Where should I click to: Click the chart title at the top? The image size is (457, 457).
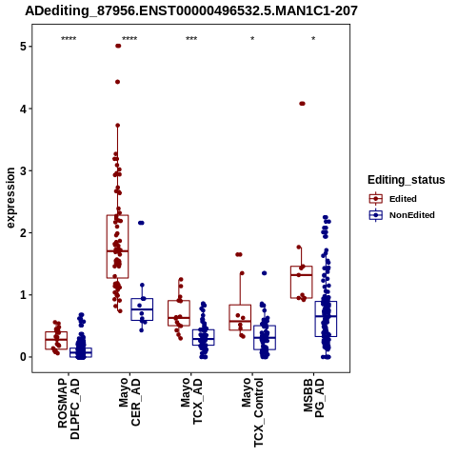pyautogui.click(x=191, y=11)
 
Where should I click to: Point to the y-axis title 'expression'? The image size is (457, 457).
pyautogui.click(x=10, y=198)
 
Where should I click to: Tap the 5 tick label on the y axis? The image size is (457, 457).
pyautogui.click(x=23, y=47)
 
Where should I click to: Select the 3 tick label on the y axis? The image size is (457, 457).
pyautogui.click(x=23, y=170)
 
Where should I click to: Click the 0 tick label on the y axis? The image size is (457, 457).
pyautogui.click(x=23, y=357)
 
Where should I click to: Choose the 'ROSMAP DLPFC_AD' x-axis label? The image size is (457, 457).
pyautogui.click(x=69, y=408)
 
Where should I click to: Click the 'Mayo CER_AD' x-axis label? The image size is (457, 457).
pyautogui.click(x=129, y=402)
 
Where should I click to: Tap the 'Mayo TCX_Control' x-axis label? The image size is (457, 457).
pyautogui.click(x=253, y=412)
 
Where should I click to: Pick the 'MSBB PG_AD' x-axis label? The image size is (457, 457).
pyautogui.click(x=313, y=398)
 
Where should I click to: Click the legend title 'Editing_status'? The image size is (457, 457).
pyautogui.click(x=407, y=180)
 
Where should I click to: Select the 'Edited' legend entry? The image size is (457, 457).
pyautogui.click(x=393, y=199)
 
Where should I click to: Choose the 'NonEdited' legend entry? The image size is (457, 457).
pyautogui.click(x=402, y=215)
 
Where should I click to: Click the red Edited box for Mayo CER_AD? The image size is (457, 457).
pyautogui.click(x=117, y=247)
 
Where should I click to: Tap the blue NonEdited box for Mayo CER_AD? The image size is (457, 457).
pyautogui.click(x=142, y=309)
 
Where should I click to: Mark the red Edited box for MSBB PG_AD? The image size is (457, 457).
pyautogui.click(x=302, y=282)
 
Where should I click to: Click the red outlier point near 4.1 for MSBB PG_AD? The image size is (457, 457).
pyautogui.click(x=302, y=104)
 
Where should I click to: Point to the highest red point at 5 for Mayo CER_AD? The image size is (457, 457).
pyautogui.click(x=118, y=46)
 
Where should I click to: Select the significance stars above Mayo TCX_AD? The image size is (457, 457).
pyautogui.click(x=191, y=39)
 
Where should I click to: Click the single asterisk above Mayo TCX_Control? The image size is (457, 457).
pyautogui.click(x=252, y=39)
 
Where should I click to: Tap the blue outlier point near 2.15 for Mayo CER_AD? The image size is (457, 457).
pyautogui.click(x=141, y=223)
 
